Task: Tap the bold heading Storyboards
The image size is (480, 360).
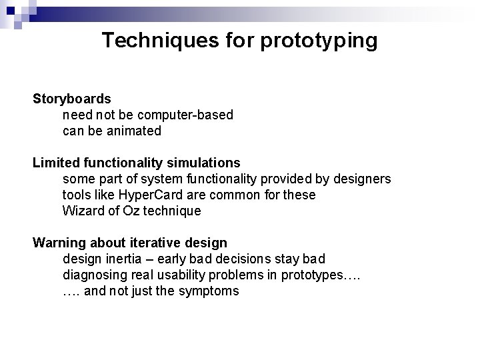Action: tap(72, 99)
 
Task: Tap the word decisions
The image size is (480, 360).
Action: tap(255, 259)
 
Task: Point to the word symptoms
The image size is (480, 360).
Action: tap(209, 291)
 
